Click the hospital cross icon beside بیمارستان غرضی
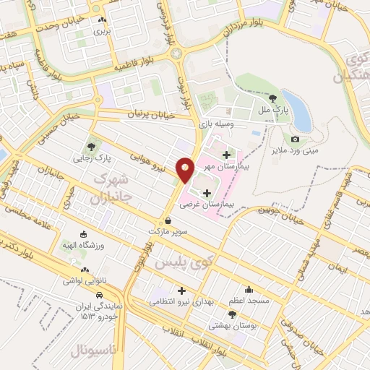(208, 192)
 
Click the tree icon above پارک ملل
(273, 99)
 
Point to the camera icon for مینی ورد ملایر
(295, 139)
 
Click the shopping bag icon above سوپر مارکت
(168, 221)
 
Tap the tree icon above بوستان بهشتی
(232, 314)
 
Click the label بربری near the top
(103, 32)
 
